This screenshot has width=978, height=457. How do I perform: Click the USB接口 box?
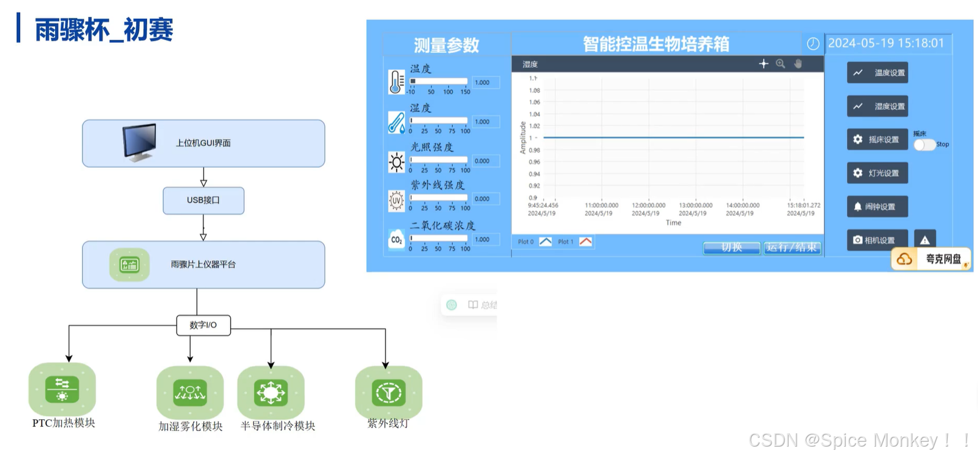tap(203, 201)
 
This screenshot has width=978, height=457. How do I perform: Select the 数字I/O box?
tap(203, 325)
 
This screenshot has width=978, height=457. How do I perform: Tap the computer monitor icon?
tap(140, 142)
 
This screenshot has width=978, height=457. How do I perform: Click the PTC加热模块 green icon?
tap(62, 390)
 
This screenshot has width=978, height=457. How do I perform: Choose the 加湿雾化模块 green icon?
tap(190, 393)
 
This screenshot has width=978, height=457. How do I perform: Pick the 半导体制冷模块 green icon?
tap(271, 393)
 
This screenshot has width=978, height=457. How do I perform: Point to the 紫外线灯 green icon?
tap(389, 393)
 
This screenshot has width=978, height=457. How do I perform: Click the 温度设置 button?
tap(878, 73)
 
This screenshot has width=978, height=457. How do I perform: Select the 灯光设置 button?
tap(878, 173)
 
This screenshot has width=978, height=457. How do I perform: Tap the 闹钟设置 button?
tap(878, 207)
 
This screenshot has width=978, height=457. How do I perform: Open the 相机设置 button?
tap(878, 240)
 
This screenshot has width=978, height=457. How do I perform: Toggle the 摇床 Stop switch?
tap(924, 145)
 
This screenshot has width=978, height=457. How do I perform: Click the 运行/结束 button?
tap(792, 247)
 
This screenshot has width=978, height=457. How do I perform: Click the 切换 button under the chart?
tap(732, 247)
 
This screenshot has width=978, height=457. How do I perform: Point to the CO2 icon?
tap(396, 240)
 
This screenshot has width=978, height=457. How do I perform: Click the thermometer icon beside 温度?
tap(396, 82)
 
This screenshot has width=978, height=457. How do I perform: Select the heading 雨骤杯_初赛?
tap(104, 30)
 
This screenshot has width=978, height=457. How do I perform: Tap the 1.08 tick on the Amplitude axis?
tap(534, 91)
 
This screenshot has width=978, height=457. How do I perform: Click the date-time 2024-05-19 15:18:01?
tap(886, 43)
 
